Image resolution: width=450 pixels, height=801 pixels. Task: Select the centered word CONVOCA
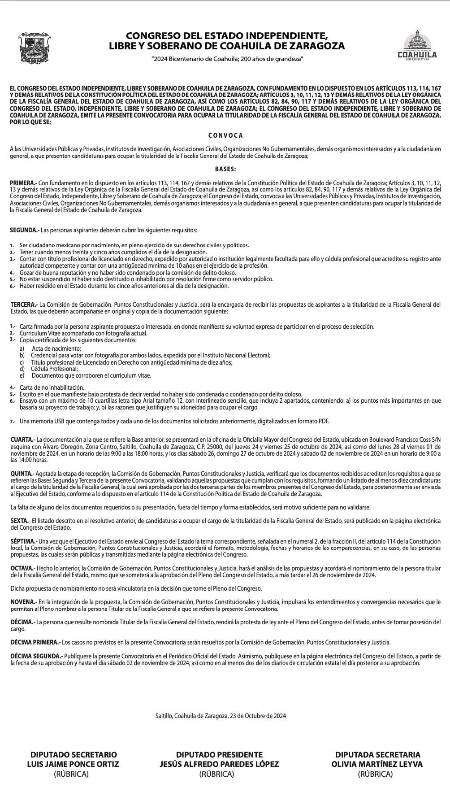point(225,135)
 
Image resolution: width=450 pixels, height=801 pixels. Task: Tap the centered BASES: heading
point(225,169)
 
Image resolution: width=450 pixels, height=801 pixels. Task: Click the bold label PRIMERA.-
point(24,183)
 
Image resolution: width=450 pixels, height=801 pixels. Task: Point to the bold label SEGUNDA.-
point(25,230)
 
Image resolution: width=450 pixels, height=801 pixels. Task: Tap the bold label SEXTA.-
point(21,521)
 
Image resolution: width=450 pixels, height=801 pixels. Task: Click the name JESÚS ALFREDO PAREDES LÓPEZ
point(219,764)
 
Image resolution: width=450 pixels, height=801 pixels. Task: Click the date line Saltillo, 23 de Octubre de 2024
point(220,715)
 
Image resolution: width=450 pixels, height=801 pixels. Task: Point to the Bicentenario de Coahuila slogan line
point(228,59)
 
